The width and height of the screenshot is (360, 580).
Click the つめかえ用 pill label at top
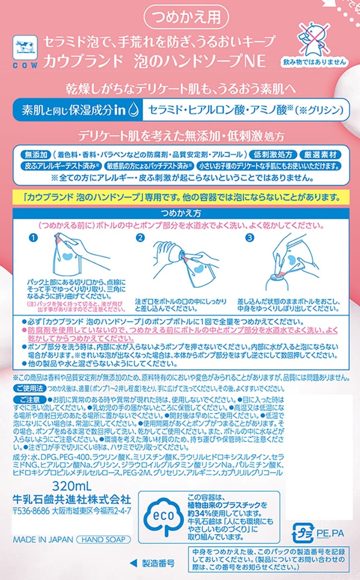[186, 17]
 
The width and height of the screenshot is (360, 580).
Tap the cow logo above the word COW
[25, 48]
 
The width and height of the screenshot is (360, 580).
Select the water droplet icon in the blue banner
[134, 110]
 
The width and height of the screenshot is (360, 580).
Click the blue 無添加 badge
[36, 155]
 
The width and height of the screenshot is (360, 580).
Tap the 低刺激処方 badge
[273, 155]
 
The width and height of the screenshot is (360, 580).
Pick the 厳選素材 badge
[320, 155]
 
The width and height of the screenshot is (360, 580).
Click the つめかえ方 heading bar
[181, 213]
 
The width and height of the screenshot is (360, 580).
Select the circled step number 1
[33, 237]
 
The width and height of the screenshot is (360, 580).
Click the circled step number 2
[140, 237]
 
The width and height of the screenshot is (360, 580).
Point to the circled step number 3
[249, 237]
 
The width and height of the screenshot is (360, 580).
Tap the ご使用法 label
[30, 388]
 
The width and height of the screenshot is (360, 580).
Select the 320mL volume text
[72, 486]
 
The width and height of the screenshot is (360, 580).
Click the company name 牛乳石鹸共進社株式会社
[72, 500]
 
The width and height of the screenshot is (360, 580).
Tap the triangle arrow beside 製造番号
[133, 561]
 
